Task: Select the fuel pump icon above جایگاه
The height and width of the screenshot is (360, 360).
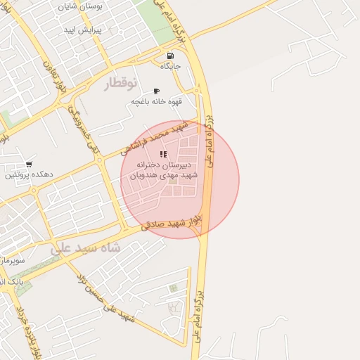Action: tap(170, 56)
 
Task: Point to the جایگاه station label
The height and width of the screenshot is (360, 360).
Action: tap(170, 66)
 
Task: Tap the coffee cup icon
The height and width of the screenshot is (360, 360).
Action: tap(156, 91)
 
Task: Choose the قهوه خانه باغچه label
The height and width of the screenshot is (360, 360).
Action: tap(156, 101)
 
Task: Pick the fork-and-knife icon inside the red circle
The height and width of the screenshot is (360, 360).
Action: tap(163, 154)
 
